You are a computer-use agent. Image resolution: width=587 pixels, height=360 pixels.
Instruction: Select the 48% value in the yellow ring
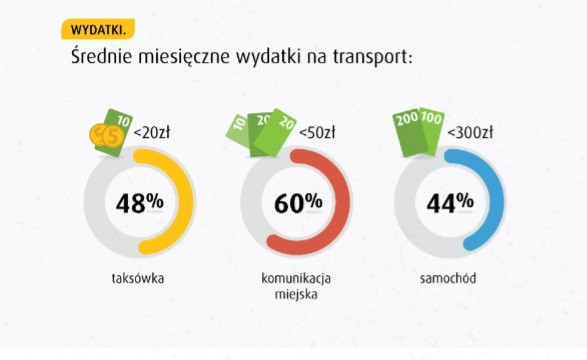tap(139, 203)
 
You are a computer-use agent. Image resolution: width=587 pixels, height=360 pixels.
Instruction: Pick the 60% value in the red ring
tap(297, 203)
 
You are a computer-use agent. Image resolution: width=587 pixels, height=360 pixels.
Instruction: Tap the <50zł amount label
tap(316, 132)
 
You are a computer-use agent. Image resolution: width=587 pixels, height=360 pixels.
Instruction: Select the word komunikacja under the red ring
tap(296, 276)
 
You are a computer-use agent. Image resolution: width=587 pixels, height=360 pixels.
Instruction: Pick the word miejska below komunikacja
tap(296, 294)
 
